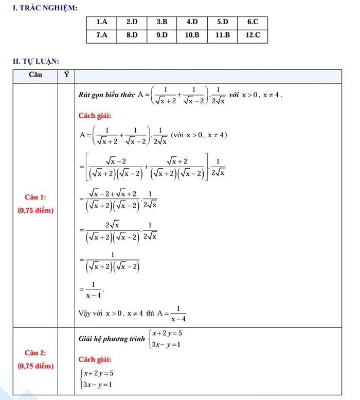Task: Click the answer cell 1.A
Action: pyautogui.click(x=102, y=22)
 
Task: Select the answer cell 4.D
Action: pyautogui.click(x=192, y=22)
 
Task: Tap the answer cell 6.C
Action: pyautogui.click(x=253, y=22)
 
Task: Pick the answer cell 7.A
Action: pyautogui.click(x=102, y=35)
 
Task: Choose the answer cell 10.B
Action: pyautogui.click(x=192, y=35)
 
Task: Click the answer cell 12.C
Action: pyautogui.click(x=253, y=35)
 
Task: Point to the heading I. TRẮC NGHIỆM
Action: pyautogui.click(x=45, y=8)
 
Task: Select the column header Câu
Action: pyautogui.click(x=35, y=75)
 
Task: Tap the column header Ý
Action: pyautogui.click(x=66, y=75)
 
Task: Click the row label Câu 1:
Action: pyautogui.click(x=35, y=197)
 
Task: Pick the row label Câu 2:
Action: pyautogui.click(x=35, y=353)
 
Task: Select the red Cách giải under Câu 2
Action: pyautogui.click(x=95, y=359)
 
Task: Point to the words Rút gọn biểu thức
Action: pyautogui.click(x=106, y=95)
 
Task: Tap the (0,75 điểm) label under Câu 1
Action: pyautogui.click(x=35, y=210)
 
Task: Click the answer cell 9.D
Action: pyautogui.click(x=162, y=35)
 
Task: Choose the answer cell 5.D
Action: pyautogui.click(x=223, y=22)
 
